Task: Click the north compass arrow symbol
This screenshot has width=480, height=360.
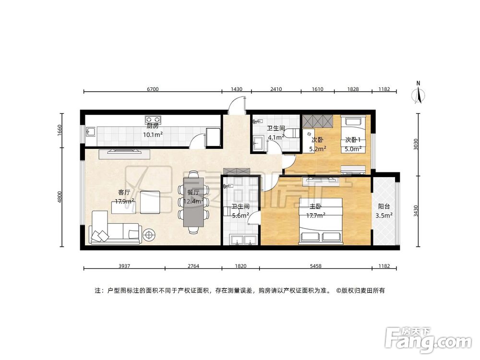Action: (418, 93)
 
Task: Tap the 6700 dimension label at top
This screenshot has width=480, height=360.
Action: (153, 89)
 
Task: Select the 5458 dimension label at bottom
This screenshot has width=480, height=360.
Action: (316, 266)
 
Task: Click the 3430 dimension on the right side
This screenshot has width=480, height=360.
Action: (415, 211)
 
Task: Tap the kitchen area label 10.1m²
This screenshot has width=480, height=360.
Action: (153, 134)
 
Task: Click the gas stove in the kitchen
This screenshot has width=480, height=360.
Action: (153, 119)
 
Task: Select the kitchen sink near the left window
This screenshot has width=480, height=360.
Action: (91, 132)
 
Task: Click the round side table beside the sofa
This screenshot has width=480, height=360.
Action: (149, 235)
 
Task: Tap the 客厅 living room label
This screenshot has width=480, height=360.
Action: (124, 192)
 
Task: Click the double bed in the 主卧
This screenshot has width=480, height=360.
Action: (321, 220)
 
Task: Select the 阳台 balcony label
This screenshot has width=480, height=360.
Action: (384, 206)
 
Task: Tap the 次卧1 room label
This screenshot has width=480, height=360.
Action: (353, 140)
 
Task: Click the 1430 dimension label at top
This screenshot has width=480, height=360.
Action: (236, 89)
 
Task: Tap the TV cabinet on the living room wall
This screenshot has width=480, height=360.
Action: (124, 154)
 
